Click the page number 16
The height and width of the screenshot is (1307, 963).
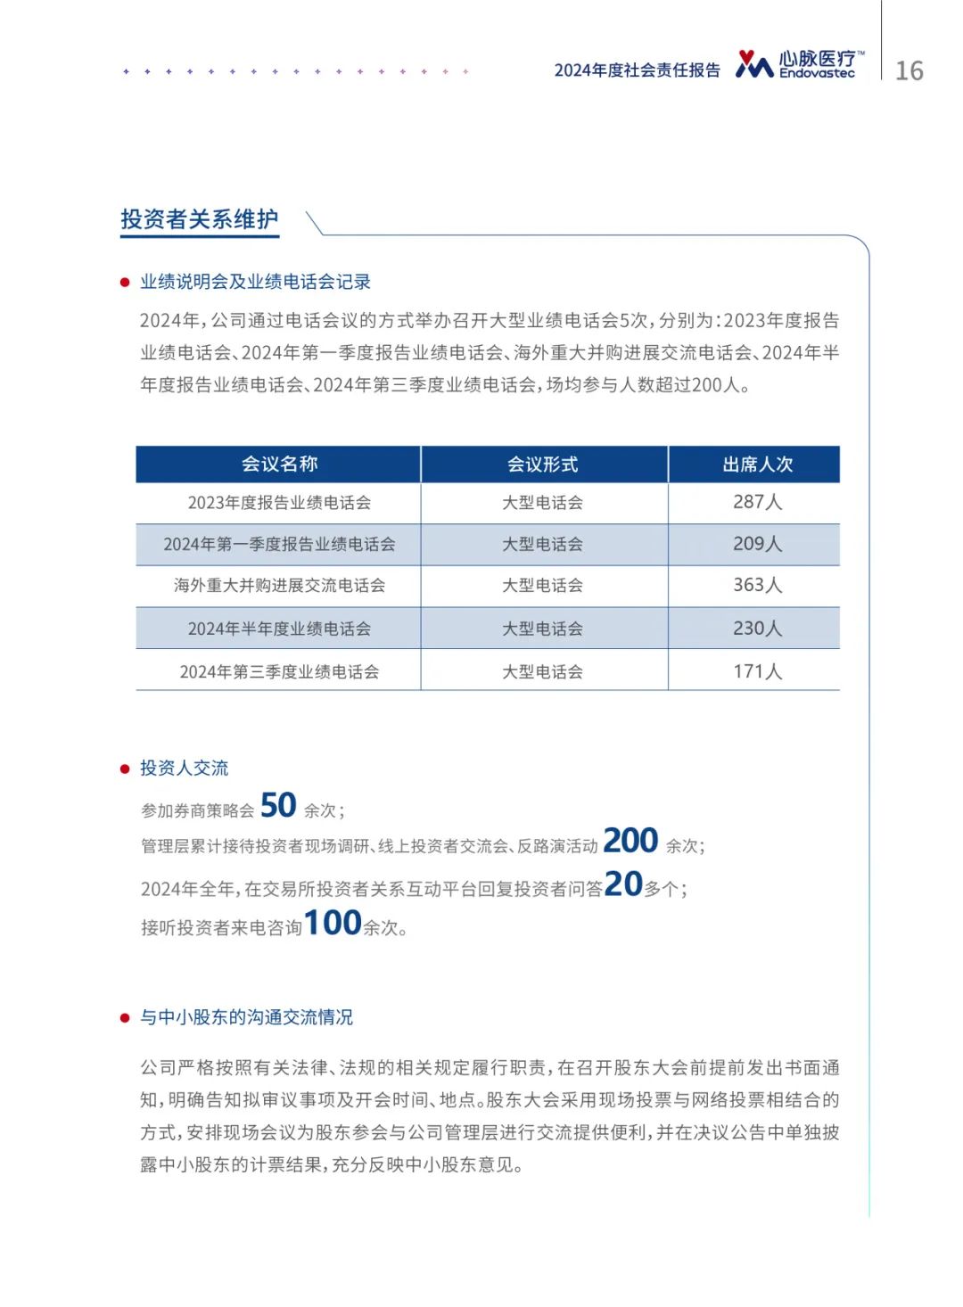[x=909, y=71]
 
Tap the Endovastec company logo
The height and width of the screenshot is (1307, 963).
[x=799, y=64]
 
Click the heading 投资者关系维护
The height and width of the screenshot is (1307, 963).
[x=200, y=219]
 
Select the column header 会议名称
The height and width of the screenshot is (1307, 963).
[x=279, y=464]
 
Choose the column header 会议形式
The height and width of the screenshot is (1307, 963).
[x=542, y=464]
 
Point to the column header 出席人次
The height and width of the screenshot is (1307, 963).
[x=757, y=464]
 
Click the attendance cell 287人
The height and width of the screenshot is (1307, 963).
[x=757, y=502]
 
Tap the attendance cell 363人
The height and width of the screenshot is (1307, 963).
[x=757, y=585]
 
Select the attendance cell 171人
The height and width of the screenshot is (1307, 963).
[x=757, y=671]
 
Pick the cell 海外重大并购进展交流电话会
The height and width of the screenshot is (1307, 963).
[x=279, y=586]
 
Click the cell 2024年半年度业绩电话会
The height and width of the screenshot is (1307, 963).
[x=279, y=629]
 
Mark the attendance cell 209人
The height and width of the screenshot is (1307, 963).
[x=757, y=544]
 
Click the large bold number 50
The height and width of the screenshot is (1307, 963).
[x=278, y=805]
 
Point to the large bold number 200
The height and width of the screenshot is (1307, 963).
[x=630, y=840]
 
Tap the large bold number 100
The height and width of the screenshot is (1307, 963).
[x=333, y=923]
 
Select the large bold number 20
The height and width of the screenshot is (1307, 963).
[x=623, y=884]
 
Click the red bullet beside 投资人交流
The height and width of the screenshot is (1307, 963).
[x=125, y=769]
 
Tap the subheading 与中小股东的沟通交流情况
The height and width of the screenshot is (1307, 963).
[x=246, y=1017]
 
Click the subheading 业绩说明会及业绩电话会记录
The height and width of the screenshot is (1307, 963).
[x=255, y=282]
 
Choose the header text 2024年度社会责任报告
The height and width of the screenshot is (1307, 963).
[x=637, y=70]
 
